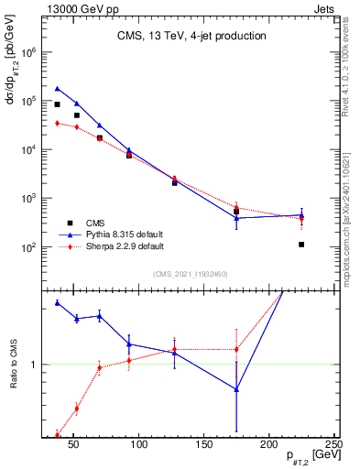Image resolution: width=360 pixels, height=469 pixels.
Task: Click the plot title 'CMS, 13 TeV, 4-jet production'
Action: click(x=191, y=37)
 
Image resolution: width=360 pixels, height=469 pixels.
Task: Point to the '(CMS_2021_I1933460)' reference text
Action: click(x=191, y=274)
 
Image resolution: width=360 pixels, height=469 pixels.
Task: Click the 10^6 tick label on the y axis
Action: click(x=27, y=52)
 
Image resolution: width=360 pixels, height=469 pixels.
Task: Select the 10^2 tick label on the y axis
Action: click(x=27, y=247)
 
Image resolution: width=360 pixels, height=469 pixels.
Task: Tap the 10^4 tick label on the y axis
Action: click(x=27, y=149)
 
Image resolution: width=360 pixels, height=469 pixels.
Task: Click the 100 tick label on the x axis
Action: click(x=139, y=447)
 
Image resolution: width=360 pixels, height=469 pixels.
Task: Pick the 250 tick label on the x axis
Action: click(x=333, y=447)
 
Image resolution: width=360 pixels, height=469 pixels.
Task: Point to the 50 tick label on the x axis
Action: click(x=74, y=447)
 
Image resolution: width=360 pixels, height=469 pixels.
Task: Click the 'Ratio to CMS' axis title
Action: click(x=14, y=364)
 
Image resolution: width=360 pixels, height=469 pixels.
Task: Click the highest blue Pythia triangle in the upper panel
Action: click(x=57, y=89)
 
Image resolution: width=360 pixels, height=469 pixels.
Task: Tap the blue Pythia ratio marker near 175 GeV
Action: click(x=236, y=389)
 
